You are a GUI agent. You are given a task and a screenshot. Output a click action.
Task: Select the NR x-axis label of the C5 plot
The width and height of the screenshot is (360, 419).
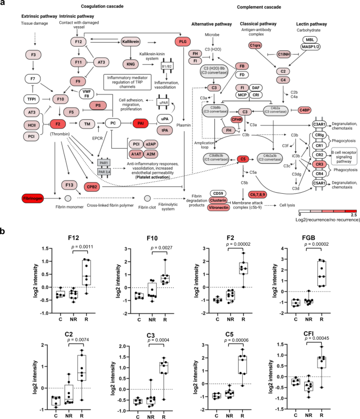[x=227, y=411]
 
